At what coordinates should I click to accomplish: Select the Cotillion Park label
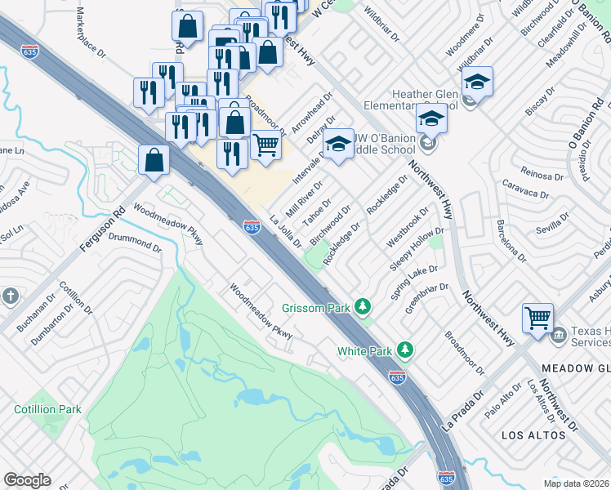48,408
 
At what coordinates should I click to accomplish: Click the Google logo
27,480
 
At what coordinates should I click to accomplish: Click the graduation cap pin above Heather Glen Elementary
477,81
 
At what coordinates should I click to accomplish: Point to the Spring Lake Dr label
414,281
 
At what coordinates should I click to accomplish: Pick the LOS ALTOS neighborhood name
533,434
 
